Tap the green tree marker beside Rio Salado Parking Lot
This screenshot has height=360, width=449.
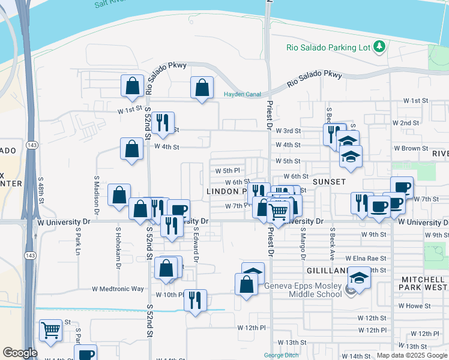pos(379,46)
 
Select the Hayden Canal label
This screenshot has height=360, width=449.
pos(243,94)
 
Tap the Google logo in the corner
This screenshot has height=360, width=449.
pos(20,353)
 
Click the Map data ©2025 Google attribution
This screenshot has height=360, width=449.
pos(412,355)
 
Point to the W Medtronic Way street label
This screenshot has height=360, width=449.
pos(118,289)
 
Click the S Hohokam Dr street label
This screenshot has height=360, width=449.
pos(118,247)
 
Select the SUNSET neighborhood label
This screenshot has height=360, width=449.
pos(328,181)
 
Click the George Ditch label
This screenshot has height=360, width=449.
pos(282,355)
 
